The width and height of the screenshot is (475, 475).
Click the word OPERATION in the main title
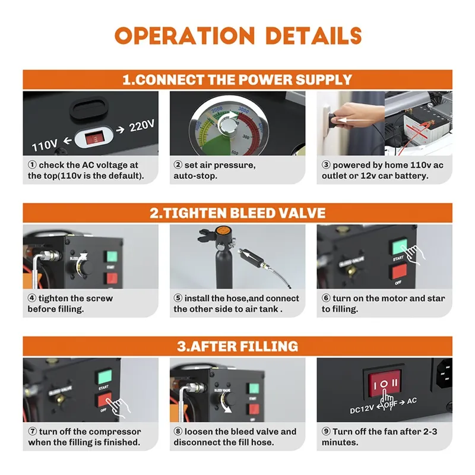tap(185, 36)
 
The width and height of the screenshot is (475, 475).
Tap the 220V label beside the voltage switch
tap(142, 126)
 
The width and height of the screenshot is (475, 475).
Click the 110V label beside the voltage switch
tap(45, 145)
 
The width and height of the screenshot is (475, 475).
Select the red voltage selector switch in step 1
tap(94, 138)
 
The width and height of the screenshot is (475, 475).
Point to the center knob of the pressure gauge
tap(229, 126)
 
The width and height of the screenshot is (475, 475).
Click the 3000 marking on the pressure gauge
tap(243, 110)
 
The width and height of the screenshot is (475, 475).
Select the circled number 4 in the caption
tap(32, 298)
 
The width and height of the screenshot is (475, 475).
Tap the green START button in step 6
tap(399, 246)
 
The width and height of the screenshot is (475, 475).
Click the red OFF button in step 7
tap(105, 400)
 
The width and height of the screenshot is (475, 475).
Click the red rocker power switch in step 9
tap(384, 383)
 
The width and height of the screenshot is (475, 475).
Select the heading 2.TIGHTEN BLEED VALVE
tap(237, 213)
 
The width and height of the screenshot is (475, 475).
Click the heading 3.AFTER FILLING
tap(237, 346)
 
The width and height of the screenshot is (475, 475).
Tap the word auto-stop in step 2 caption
tap(195, 176)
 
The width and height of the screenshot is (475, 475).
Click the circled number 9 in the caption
tap(325, 432)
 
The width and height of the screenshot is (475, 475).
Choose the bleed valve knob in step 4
tap(85, 267)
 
